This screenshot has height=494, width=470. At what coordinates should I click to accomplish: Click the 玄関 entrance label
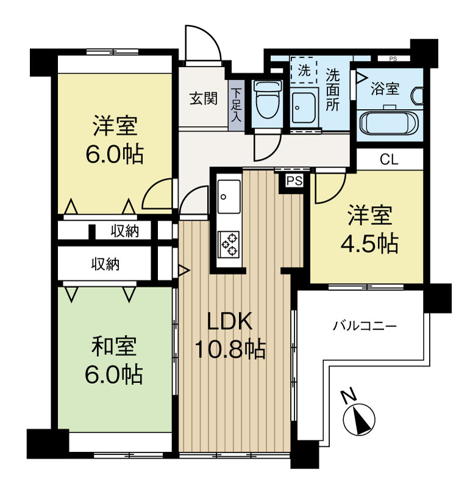202,98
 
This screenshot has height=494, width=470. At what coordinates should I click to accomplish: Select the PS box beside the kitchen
294,181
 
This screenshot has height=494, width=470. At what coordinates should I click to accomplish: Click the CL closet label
388,160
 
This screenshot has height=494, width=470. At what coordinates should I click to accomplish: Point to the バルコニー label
364,326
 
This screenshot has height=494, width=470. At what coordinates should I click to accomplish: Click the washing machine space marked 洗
303,70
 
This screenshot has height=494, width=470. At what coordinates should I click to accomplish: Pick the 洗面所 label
333,89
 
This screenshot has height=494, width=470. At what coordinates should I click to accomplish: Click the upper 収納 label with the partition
124,231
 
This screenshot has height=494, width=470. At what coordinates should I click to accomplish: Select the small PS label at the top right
391,59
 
